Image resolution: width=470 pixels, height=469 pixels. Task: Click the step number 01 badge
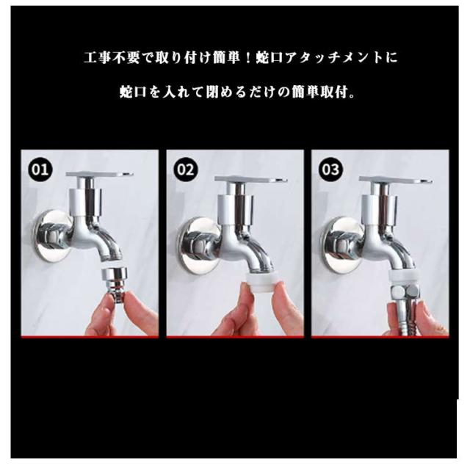40,170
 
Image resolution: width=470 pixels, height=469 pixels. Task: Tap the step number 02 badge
186,170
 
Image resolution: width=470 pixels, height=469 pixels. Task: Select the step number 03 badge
330,170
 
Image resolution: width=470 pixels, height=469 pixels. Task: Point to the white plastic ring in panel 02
259,281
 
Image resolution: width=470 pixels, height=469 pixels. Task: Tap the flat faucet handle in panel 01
100,174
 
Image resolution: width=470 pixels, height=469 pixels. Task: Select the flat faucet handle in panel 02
251,180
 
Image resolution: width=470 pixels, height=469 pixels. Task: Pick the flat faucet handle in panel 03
396,180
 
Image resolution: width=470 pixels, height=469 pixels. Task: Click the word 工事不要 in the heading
112,58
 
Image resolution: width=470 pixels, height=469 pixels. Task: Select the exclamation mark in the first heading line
247,58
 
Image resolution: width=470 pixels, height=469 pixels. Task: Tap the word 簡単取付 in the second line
319,92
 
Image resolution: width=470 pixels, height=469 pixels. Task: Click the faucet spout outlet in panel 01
115,261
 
